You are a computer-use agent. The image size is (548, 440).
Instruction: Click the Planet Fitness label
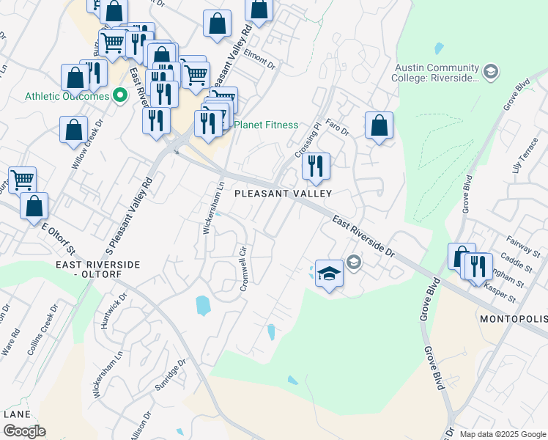[x=265, y=125]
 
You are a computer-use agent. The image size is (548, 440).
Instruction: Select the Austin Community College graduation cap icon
[x=490, y=71]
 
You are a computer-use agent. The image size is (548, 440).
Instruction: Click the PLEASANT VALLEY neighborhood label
[x=283, y=194]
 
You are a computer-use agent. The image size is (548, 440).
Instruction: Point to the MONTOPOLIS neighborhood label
[x=513, y=320]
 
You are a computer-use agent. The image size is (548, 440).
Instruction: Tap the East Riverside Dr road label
[x=363, y=236]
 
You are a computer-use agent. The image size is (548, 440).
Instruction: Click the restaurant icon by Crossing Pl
[x=316, y=166]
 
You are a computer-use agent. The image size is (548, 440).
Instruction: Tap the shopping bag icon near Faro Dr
[x=379, y=125]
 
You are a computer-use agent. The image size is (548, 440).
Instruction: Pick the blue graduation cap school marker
[x=329, y=274]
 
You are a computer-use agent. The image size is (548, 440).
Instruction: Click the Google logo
[x=24, y=431]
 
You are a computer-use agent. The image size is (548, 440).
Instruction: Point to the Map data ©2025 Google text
[x=503, y=434]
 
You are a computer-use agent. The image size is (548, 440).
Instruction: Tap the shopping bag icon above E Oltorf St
[x=34, y=207]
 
